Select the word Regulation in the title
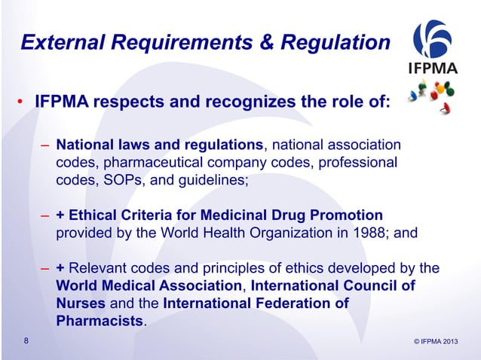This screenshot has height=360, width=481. click(x=335, y=44)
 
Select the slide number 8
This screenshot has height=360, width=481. click(x=27, y=343)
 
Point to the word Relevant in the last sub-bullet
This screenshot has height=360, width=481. click(x=97, y=269)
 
